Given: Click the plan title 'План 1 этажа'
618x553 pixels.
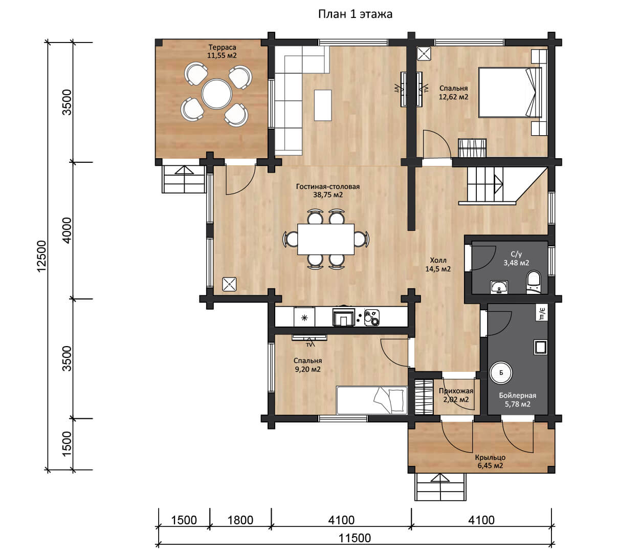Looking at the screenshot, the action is (355, 14).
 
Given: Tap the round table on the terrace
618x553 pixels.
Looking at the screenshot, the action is (216, 94).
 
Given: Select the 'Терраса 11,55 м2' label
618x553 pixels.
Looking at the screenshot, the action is (222, 51).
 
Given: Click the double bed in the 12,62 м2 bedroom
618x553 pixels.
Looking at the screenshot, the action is (510, 92).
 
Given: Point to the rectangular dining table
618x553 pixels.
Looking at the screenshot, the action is (326, 239).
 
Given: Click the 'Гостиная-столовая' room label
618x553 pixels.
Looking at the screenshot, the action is (328, 186).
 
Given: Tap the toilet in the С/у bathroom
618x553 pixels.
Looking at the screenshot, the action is (534, 282).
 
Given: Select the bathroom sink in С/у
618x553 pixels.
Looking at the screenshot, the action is (499, 287).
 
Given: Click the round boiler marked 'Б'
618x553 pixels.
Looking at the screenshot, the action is (501, 373).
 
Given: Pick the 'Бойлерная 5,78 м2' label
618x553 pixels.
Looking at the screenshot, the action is (517, 400).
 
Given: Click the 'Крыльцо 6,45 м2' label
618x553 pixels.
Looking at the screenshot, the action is (490, 461).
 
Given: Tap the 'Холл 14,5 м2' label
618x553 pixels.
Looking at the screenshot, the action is (438, 265).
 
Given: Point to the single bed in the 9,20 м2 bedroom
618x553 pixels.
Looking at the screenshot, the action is (372, 400).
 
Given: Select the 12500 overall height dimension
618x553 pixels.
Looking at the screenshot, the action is (41, 256).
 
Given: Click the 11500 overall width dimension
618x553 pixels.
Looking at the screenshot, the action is (355, 538).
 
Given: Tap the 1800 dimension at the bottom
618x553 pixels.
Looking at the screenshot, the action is (240, 520).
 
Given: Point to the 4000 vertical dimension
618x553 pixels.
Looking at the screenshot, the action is (67, 230).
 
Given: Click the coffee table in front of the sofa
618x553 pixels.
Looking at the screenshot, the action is (323, 105).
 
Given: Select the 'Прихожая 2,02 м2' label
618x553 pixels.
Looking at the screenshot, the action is (456, 395).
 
